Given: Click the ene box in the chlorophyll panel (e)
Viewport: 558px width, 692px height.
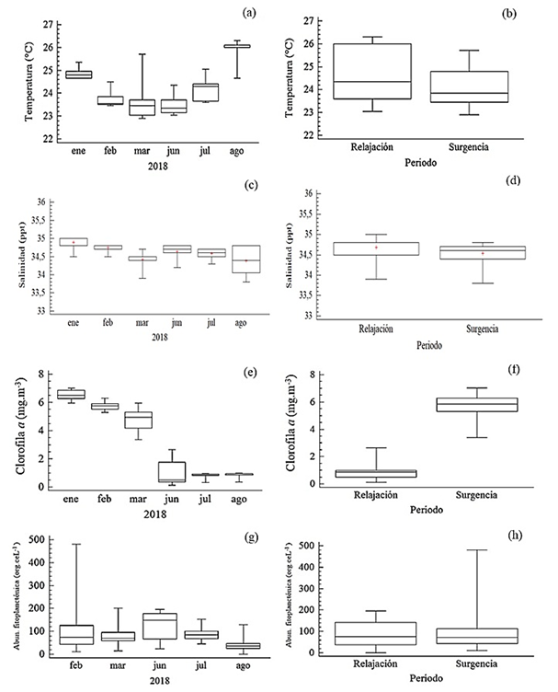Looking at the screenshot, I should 72,394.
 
